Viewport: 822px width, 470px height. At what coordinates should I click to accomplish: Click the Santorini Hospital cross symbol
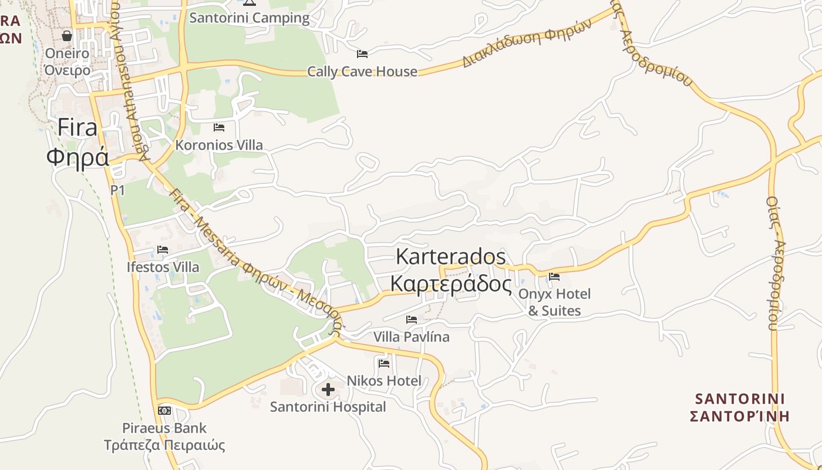coord(328,389)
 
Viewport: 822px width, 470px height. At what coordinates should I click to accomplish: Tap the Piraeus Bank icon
coord(164,410)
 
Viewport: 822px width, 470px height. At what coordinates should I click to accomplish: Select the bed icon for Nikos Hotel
coord(384,363)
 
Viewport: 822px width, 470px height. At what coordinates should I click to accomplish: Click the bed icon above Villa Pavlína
coord(412,320)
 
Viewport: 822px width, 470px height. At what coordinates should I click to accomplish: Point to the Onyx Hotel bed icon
coord(554,276)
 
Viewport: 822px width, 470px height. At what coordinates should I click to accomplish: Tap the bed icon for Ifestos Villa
coord(163,250)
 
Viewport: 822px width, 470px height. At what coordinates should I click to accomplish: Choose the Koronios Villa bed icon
coord(219,127)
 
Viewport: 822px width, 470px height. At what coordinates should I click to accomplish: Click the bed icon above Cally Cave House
coord(362,54)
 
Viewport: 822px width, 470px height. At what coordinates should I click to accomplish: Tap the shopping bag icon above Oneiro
coord(67,36)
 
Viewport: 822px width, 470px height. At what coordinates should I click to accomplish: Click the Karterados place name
coord(451,257)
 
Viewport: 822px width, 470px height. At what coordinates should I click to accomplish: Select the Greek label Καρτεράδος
coord(451,284)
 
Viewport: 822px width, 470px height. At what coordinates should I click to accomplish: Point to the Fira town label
coord(78,127)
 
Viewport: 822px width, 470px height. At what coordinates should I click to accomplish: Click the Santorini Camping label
coord(249,18)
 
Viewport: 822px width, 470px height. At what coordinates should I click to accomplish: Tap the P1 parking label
coord(118,190)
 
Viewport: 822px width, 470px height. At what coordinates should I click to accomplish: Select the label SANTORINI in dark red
coord(740,399)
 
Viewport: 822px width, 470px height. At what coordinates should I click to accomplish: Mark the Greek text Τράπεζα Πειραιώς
coord(164,445)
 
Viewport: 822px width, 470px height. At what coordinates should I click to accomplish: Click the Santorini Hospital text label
coord(328,407)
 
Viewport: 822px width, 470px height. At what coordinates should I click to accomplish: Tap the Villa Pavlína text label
coord(412,337)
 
